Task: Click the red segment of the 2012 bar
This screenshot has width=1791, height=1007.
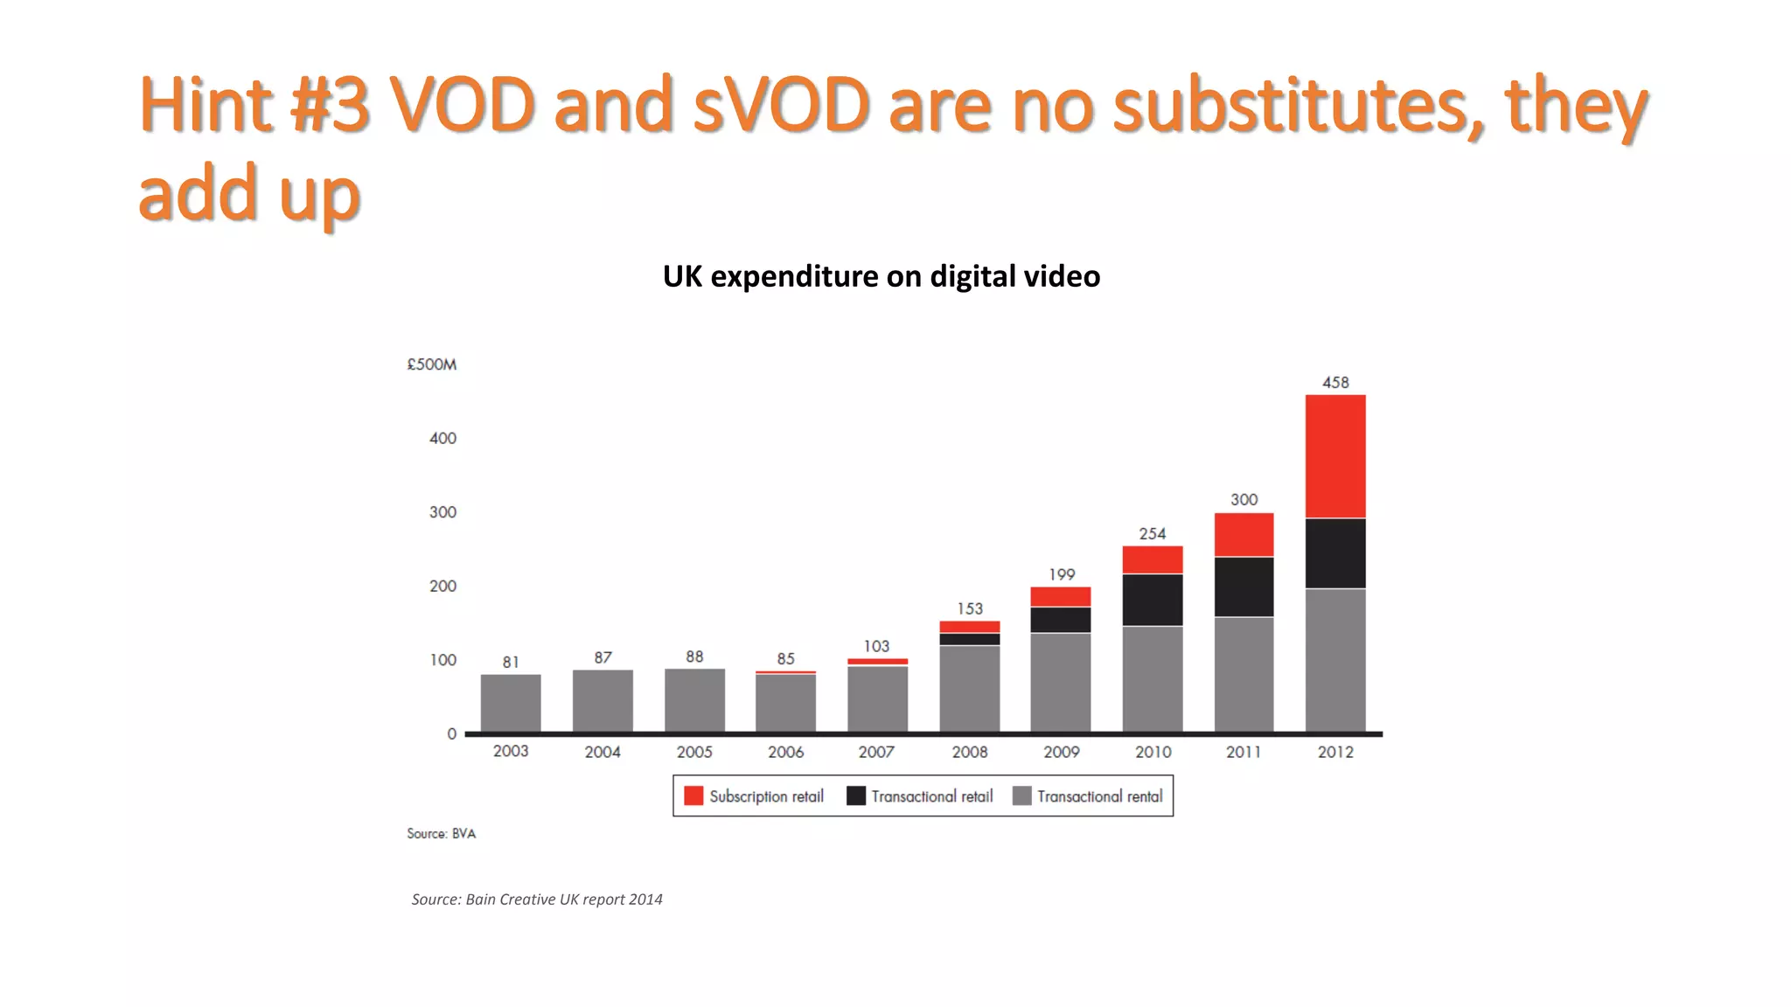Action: point(1335,456)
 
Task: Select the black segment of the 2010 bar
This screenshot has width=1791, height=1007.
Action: point(1153,600)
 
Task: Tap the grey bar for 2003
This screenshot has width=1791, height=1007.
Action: point(511,703)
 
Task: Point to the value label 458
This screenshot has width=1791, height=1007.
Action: point(1335,383)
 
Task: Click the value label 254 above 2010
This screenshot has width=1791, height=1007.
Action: point(1153,533)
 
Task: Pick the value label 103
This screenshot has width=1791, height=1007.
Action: point(876,646)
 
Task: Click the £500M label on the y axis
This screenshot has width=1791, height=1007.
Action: point(431,365)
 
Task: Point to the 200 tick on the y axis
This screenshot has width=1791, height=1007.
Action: point(443,586)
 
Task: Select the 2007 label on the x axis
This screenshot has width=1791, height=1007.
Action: point(876,752)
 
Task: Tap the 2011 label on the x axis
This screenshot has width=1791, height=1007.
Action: point(1244,752)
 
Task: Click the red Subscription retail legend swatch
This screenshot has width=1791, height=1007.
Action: point(693,795)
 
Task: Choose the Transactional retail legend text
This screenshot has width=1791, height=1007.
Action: point(932,796)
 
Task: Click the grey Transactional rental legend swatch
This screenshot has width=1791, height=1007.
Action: point(1021,795)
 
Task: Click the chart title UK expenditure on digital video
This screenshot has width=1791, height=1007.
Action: point(882,276)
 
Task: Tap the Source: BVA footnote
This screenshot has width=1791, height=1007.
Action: point(441,834)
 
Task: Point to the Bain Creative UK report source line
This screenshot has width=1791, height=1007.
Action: point(537,899)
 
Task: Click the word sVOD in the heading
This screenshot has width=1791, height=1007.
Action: point(781,105)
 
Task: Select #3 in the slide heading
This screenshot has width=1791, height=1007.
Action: point(329,105)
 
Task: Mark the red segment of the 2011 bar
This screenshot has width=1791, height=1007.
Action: point(1244,534)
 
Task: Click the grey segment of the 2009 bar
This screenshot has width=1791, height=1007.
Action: point(1061,682)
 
